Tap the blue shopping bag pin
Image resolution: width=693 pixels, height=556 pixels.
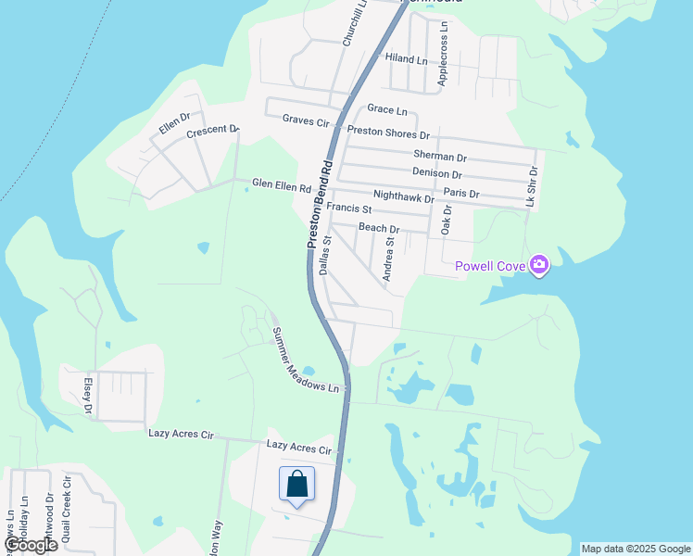(x=296, y=485)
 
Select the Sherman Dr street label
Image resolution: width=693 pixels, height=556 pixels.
(x=440, y=155)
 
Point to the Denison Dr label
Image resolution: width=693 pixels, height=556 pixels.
(x=437, y=173)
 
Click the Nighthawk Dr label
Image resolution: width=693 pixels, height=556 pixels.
(x=403, y=197)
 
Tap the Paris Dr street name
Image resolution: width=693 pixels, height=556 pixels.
(x=461, y=194)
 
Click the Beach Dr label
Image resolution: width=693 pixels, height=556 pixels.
(x=379, y=228)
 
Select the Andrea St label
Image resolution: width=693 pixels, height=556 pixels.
(x=389, y=258)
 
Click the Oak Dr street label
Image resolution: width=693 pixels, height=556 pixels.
(x=446, y=221)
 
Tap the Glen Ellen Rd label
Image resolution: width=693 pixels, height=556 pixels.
(x=282, y=184)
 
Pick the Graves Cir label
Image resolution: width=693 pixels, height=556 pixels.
(x=307, y=120)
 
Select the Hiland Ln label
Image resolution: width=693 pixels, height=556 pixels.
(x=407, y=59)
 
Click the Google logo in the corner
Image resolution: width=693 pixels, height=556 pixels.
(x=30, y=545)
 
